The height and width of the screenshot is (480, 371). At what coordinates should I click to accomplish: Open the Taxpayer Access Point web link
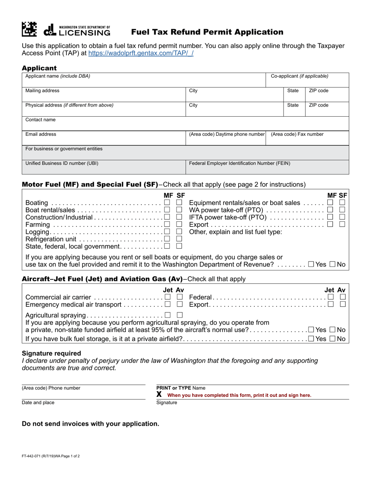(141, 53)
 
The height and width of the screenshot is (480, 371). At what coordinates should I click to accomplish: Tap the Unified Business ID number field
(103, 167)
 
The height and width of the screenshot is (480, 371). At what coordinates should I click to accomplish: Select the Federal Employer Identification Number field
(267, 167)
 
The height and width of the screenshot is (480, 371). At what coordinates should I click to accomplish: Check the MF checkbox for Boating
(167, 203)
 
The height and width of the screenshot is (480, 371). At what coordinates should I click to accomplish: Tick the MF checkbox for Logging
(167, 232)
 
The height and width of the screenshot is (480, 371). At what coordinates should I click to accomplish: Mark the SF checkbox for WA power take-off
(342, 210)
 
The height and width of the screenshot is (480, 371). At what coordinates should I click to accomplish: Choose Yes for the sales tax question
(311, 265)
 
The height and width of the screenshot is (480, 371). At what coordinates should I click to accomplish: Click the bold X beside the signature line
(159, 395)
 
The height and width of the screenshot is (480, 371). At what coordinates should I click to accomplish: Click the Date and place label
(38, 403)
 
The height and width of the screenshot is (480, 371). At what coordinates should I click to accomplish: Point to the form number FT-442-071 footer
(51, 456)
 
